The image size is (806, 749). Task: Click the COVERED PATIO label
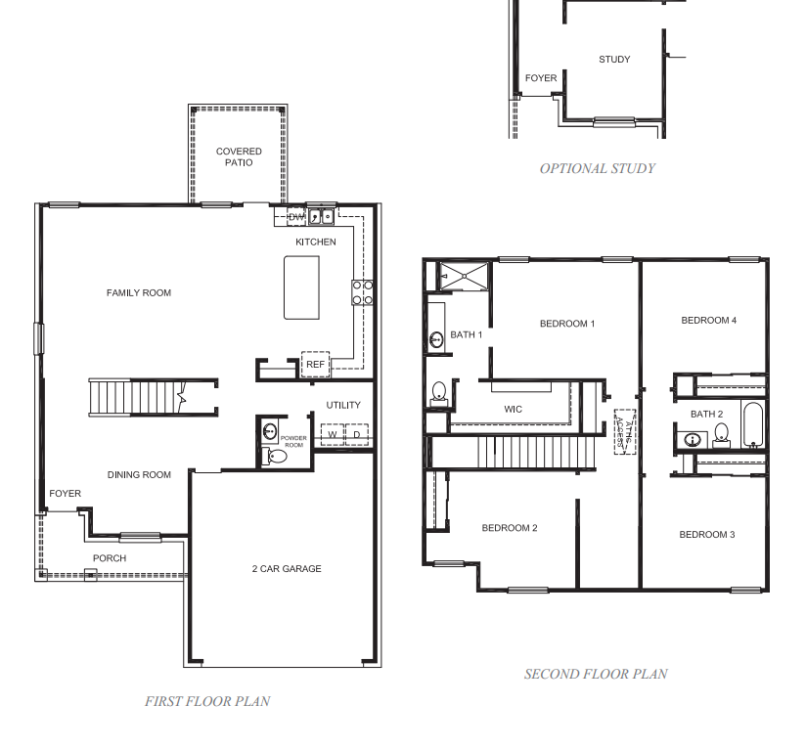coord(239,156)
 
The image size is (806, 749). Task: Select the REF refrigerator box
coord(315,364)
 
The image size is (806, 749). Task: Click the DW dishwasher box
coord(297,217)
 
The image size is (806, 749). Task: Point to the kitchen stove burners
coord(362,292)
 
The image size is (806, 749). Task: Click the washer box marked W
coord(333,434)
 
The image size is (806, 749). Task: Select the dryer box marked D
coord(357,434)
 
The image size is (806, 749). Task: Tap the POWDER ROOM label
coord(293,440)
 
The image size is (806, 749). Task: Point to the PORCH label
coord(110,558)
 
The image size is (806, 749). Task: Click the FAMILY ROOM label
coord(139,292)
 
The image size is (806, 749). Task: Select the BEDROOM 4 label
coord(708,321)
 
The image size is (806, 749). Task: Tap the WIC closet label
coord(515,409)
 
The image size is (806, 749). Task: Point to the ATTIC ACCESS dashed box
coord(621,430)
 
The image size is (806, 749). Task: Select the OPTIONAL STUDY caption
coord(597,168)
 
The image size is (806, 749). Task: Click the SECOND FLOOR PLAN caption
coord(596,674)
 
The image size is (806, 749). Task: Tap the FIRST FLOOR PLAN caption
coord(207,701)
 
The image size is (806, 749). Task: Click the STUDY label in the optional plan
coord(614,60)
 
